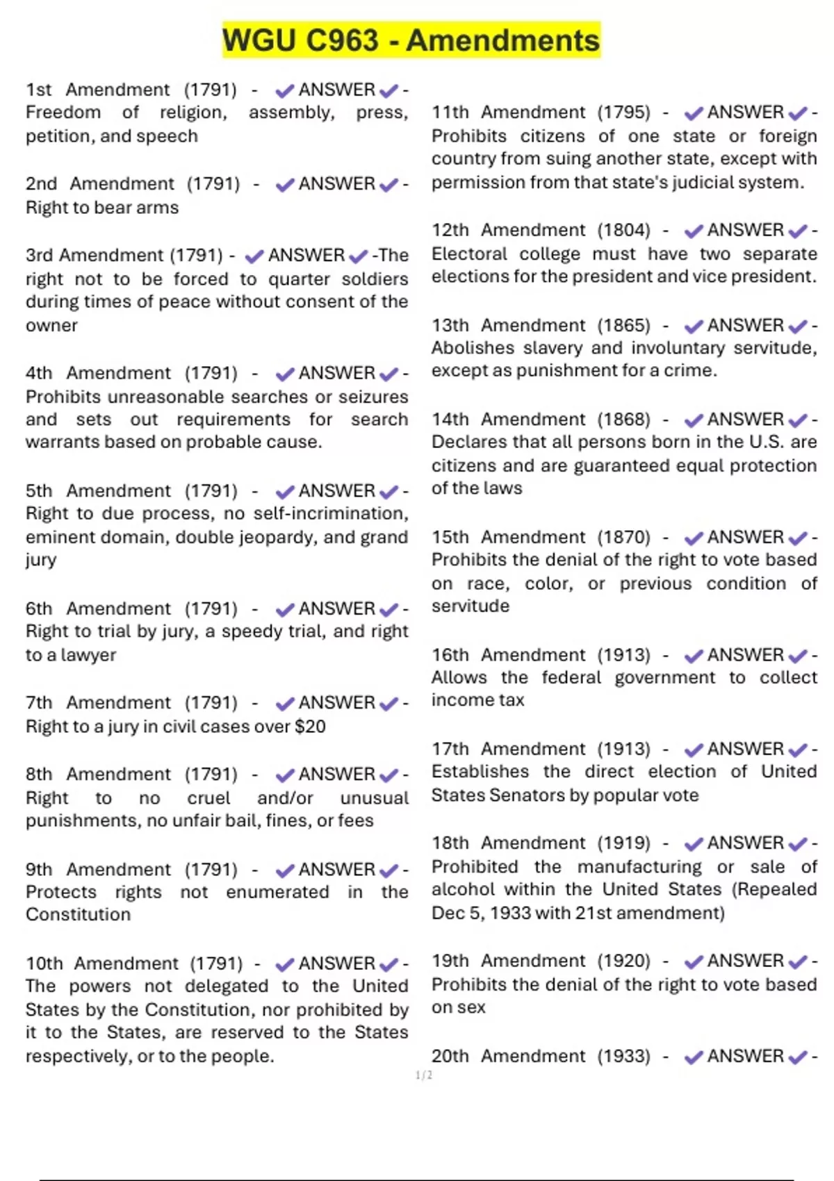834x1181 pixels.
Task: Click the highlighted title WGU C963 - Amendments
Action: click(x=411, y=40)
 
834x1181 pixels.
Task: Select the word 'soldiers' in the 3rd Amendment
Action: click(x=375, y=279)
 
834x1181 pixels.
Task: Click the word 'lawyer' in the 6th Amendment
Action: click(x=88, y=655)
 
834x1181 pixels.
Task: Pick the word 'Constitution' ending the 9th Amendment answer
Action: click(x=78, y=915)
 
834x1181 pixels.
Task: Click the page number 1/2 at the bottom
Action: click(x=424, y=1075)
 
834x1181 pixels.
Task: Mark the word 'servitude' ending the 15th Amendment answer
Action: click(x=470, y=606)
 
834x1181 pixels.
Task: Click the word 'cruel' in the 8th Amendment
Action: click(x=208, y=798)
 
